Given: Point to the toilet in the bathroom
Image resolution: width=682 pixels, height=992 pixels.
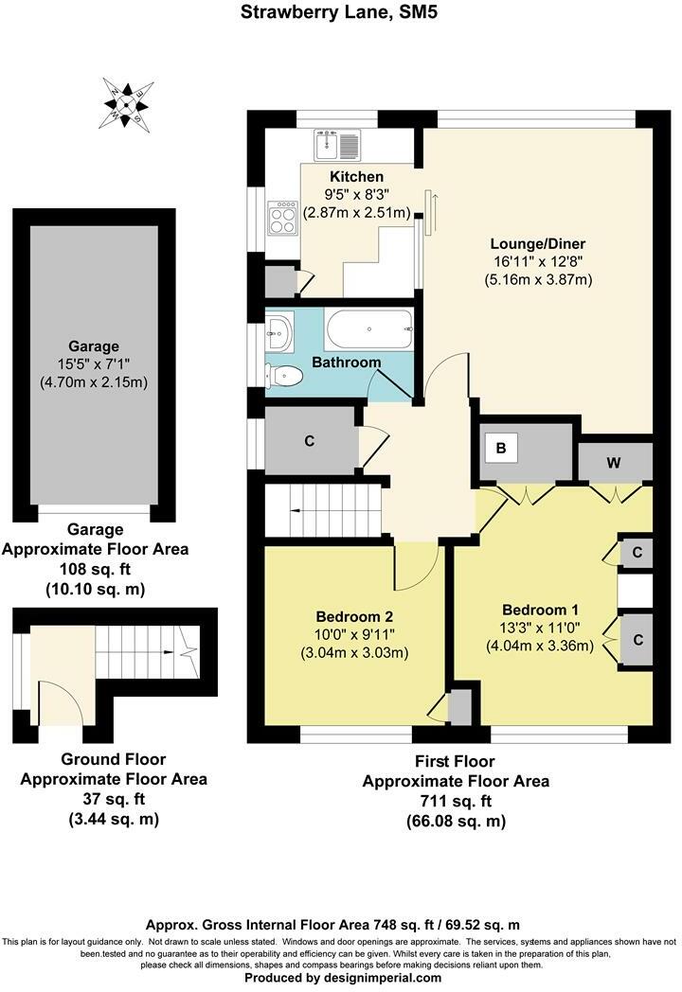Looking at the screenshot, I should tap(284, 376).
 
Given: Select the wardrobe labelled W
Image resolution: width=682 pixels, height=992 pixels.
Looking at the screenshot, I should tap(614, 463).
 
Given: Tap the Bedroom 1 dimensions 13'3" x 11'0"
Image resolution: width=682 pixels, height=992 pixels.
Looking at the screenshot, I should tap(540, 628).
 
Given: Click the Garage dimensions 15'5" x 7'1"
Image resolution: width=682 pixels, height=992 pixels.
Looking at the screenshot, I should tap(94, 364).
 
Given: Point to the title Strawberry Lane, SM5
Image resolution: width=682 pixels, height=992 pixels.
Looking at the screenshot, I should tap(341, 12).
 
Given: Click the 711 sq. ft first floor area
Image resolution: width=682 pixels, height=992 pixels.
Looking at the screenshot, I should tap(456, 802).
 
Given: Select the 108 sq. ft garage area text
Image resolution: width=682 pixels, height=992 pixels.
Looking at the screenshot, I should tap(95, 569).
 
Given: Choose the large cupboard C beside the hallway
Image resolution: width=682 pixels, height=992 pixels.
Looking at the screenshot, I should tap(310, 440).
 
